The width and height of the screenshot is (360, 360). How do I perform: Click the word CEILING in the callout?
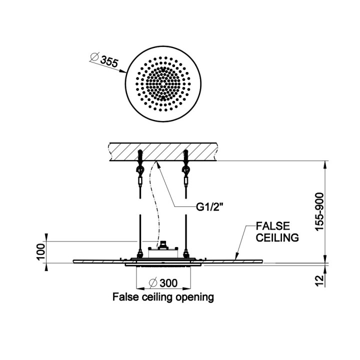(277, 237)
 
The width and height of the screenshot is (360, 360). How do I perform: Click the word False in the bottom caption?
(123, 297)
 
